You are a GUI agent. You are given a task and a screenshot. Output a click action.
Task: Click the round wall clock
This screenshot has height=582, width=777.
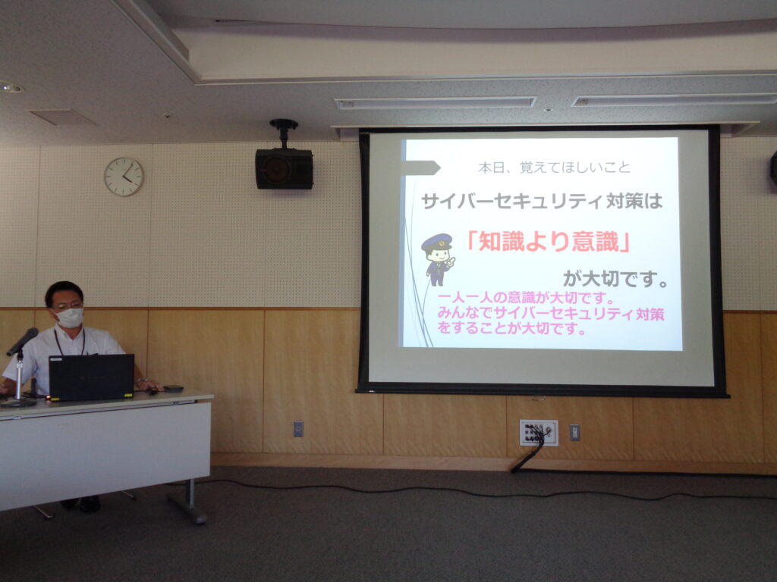coord(124,177)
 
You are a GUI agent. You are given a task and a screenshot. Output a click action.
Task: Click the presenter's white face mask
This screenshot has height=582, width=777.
coord(70,318)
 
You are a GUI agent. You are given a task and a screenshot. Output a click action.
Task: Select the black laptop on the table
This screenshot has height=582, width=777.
coord(91,377)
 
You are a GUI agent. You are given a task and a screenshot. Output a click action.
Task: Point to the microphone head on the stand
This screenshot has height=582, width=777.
coord(22,341)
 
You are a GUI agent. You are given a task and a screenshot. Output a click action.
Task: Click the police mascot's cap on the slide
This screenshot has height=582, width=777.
coord(436,242)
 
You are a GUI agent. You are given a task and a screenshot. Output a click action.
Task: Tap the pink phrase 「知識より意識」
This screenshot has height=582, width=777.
coord(549,242)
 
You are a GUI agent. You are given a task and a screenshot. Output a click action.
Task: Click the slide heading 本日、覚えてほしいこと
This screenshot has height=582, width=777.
coord(554,167)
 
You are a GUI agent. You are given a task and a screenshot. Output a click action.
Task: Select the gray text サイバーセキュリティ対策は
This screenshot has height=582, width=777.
coord(542,201)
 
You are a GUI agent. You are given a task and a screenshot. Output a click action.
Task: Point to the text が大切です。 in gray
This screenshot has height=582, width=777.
coord(616,279)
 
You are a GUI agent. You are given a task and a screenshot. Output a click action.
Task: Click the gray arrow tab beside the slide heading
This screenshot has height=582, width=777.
coord(420,167)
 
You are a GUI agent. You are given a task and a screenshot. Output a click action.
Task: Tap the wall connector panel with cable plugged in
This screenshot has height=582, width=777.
coord(539,433)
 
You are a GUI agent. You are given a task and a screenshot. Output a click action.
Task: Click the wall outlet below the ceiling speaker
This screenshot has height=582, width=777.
coord(298,429)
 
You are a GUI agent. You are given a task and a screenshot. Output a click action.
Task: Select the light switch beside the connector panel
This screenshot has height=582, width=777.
coord(574,433)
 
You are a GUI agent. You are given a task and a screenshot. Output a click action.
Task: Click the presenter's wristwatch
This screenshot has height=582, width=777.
coord(142,380)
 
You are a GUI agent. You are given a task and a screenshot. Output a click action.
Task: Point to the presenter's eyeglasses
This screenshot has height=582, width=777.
coord(68,306)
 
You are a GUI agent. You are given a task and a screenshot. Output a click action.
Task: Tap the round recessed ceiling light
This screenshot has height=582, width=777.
coord(11,88)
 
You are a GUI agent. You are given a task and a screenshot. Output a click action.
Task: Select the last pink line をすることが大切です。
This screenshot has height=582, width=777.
coord(511,328)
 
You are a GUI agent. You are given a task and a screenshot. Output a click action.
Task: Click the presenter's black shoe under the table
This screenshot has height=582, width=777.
coord(90,504)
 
